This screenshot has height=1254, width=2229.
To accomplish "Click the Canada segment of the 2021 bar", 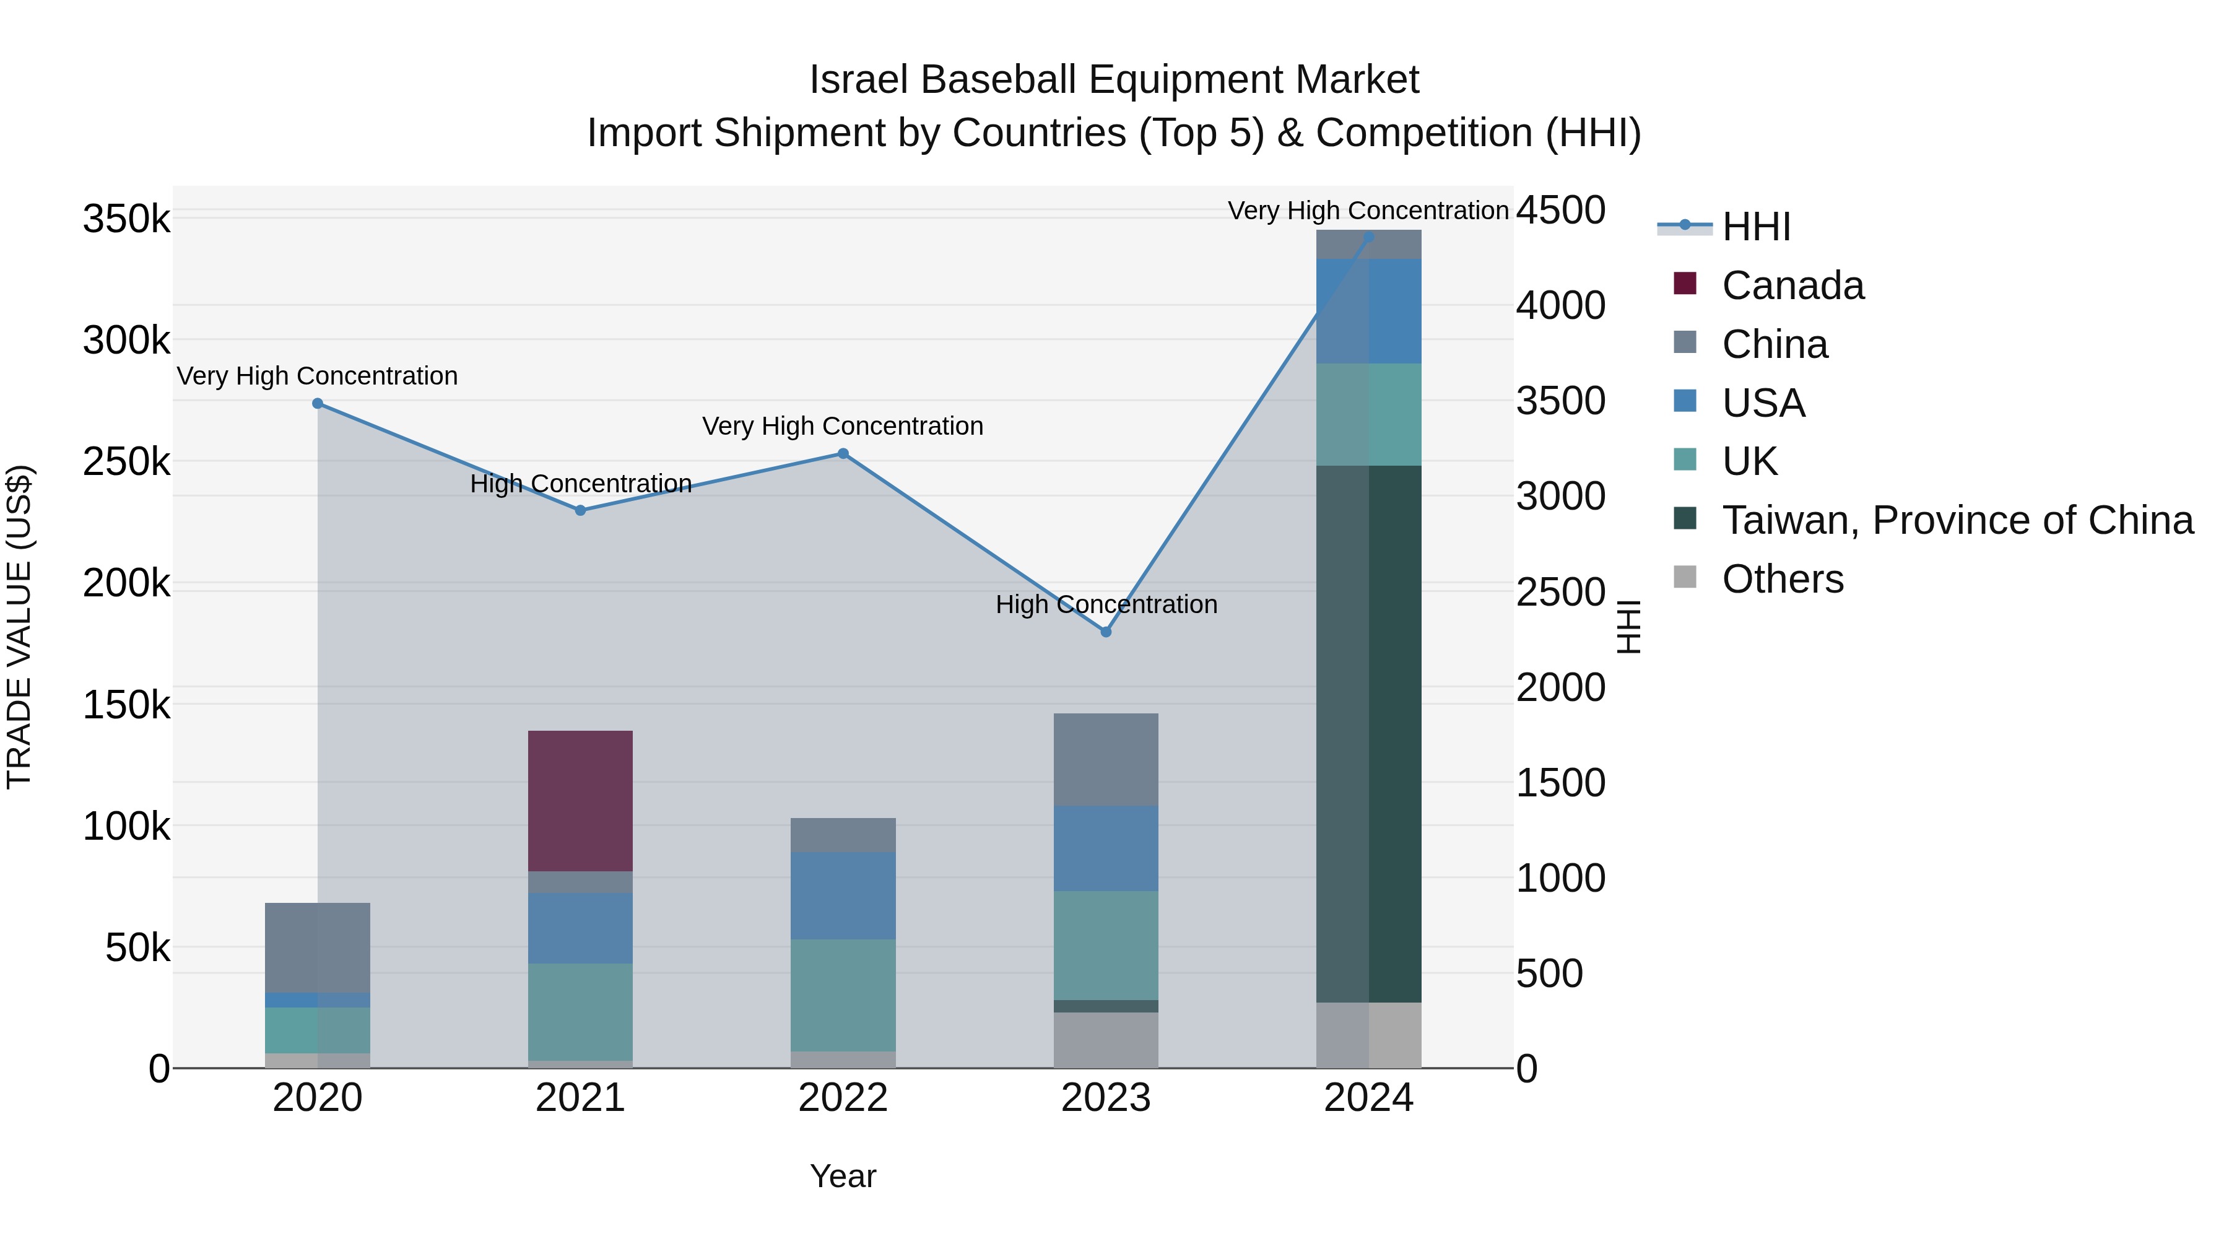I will pyautogui.click(x=580, y=801).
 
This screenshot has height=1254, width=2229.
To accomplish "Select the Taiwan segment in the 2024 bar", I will pyautogui.click(x=1368, y=734).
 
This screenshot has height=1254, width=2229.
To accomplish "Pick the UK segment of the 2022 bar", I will pyautogui.click(x=843, y=995).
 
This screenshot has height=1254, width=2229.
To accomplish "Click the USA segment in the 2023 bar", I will pyautogui.click(x=1105, y=848).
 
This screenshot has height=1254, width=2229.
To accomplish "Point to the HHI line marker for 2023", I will pyautogui.click(x=1105, y=632).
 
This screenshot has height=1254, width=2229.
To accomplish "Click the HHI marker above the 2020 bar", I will pyautogui.click(x=318, y=403).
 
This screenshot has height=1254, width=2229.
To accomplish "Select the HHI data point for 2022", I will pyautogui.click(x=843, y=453).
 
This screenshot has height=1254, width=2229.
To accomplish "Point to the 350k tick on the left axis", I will pyautogui.click(x=126, y=219).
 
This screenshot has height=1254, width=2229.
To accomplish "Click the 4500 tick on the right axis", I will pyautogui.click(x=1560, y=211).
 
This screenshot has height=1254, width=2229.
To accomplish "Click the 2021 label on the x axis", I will pyautogui.click(x=580, y=1098).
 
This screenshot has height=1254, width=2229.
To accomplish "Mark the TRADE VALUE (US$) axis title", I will pyautogui.click(x=19, y=627).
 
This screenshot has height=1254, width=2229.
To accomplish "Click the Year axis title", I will pyautogui.click(x=843, y=1176).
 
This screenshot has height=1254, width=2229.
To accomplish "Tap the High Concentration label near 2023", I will pyautogui.click(x=1105, y=604).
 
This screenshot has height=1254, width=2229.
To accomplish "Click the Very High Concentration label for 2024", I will pyautogui.click(x=1367, y=211).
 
